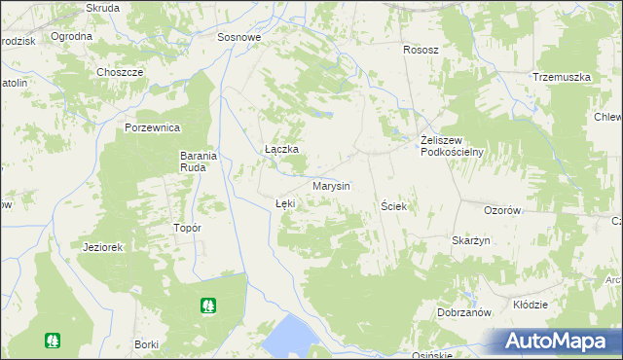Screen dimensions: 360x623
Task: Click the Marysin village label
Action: (x=331, y=186)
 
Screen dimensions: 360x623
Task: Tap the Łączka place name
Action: (x=281, y=149)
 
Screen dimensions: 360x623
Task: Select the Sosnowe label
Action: (x=239, y=38)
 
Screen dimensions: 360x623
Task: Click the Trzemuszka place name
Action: (x=562, y=77)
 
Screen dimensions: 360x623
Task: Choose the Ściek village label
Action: (x=394, y=206)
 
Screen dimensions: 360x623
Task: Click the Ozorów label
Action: (x=504, y=210)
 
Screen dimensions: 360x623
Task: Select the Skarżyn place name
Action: (x=470, y=240)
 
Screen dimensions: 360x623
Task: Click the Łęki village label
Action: (x=284, y=203)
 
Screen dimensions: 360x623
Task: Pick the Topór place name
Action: (x=186, y=228)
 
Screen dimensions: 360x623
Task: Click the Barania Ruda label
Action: (x=203, y=161)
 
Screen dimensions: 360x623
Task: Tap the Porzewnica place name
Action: (x=154, y=127)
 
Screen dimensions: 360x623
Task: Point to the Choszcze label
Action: (x=120, y=72)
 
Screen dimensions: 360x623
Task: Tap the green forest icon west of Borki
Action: (x=51, y=341)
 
